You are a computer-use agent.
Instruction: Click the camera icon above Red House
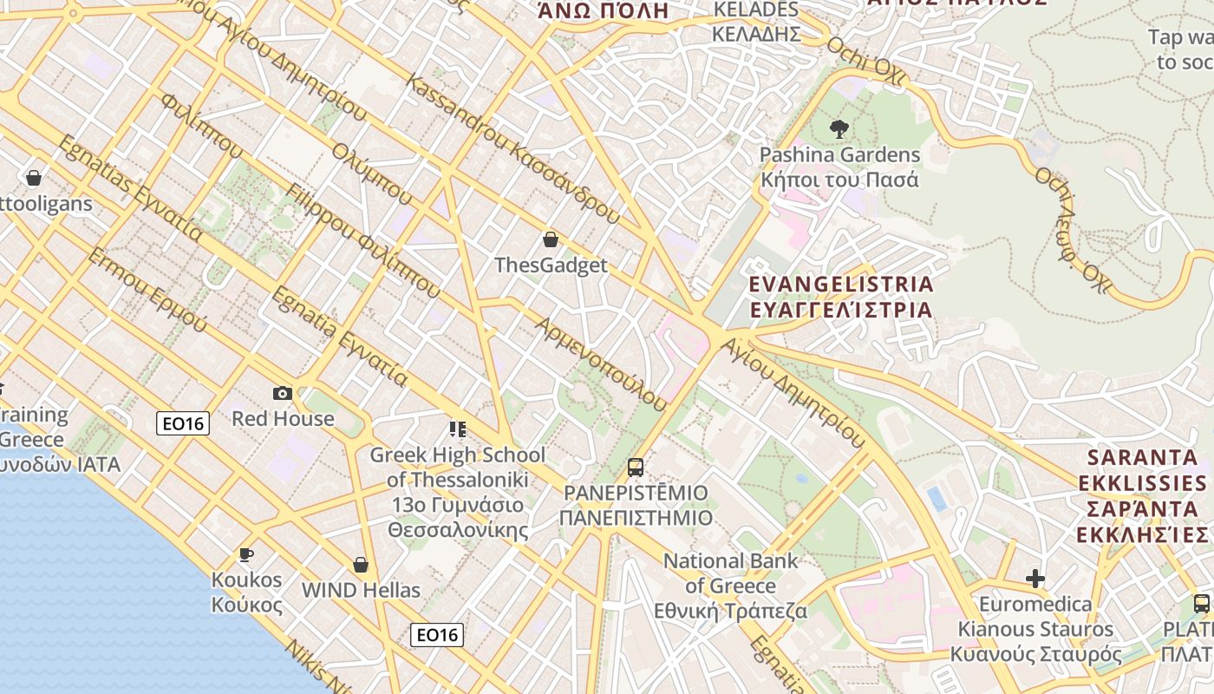tap(283, 393)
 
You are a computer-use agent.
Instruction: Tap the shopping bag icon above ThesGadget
tap(550, 239)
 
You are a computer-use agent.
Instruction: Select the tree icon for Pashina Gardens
tap(839, 129)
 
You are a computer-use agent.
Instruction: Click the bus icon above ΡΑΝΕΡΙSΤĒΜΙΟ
tap(636, 468)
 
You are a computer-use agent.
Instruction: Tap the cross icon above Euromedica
tap(1035, 579)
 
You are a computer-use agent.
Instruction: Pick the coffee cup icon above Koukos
tap(246, 554)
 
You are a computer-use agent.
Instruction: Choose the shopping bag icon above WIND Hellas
tap(361, 565)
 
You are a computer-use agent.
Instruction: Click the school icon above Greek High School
tap(458, 429)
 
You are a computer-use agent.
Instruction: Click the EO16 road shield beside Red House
tap(183, 423)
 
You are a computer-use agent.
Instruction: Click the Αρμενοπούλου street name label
tap(602, 363)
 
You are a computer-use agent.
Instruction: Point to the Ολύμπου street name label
tap(372, 173)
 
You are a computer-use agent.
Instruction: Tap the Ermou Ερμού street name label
tap(148, 290)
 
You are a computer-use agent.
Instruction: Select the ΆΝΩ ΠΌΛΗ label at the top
tap(603, 10)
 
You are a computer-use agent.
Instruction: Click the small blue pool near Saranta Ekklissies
tap(937, 498)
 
